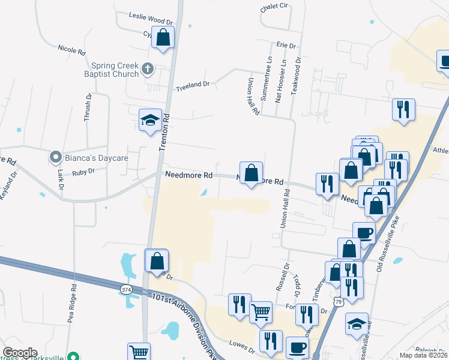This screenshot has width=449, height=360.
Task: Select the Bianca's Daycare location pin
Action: tap(56, 158)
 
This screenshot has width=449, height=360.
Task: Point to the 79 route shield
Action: tap(340, 302)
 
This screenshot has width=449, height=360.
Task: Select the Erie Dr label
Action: tap(286, 46)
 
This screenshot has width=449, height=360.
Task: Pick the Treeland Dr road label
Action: tap(192, 86)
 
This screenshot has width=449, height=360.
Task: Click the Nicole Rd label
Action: tap(73, 49)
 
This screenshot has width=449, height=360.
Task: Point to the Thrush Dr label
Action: tap(88, 107)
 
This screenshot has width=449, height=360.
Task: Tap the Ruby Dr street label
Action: tap(83, 172)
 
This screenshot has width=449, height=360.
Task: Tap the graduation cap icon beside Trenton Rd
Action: tap(149, 119)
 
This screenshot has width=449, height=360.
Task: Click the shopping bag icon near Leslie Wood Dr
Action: tap(163, 37)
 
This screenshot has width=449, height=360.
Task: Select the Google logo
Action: tap(20, 353)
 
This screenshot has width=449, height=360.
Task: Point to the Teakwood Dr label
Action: tap(296, 74)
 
